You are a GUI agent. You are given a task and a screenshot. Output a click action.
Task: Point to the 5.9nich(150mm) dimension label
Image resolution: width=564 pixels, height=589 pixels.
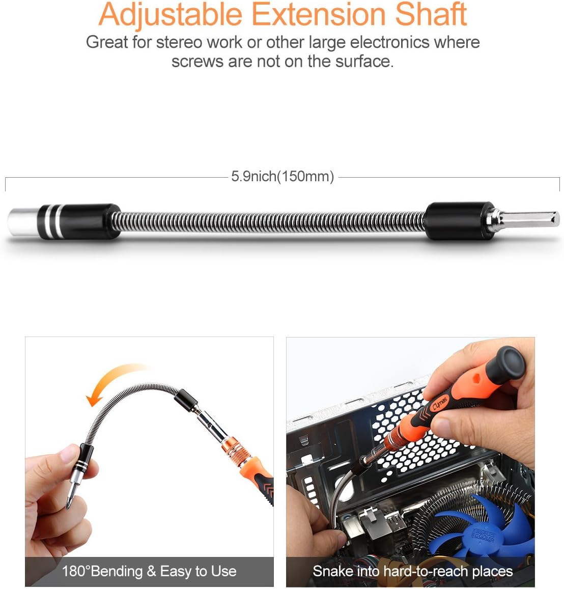tap(283, 177)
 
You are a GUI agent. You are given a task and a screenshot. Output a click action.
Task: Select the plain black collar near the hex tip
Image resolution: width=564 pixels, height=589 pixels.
tap(453, 220)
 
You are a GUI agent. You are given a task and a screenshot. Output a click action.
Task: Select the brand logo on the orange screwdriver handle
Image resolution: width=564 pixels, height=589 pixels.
tap(440, 404)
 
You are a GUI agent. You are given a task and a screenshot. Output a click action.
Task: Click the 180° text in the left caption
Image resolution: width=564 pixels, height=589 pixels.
tap(76, 571)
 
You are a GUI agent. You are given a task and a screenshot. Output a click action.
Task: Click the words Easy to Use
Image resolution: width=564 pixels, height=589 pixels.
tap(198, 571)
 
